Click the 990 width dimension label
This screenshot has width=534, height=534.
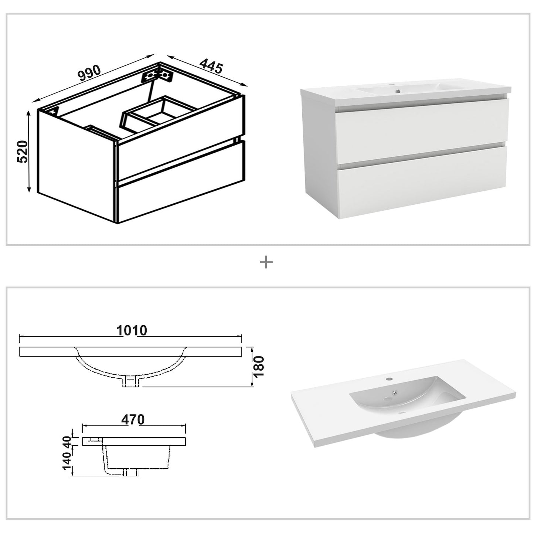[x=89, y=73]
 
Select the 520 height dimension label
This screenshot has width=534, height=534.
[x=23, y=152]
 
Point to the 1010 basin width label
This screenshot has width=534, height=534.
[x=132, y=330]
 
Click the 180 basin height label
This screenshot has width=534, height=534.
[x=259, y=366]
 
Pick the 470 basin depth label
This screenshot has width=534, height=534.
[x=133, y=420]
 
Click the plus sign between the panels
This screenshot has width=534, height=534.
[x=266, y=262]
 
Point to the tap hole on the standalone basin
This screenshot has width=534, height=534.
[x=390, y=378]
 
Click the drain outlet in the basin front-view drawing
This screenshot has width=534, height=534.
[x=131, y=382]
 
